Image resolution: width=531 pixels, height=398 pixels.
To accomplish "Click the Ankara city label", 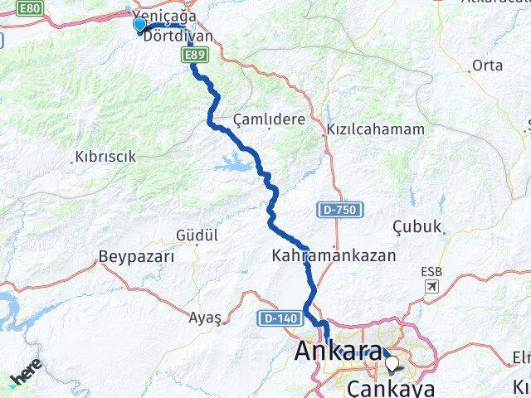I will [338, 354].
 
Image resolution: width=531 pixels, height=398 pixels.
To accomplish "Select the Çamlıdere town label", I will [269, 119].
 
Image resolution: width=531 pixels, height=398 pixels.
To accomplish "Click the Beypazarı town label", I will [136, 256].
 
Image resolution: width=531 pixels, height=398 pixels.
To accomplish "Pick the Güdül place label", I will [196, 236].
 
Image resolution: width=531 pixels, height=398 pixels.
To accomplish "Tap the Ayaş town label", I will [205, 317].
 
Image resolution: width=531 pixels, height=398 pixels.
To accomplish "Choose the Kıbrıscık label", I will [105, 156].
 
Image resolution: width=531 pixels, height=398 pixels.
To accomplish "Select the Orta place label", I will [487, 66].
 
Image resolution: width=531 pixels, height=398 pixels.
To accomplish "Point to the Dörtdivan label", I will [178, 36].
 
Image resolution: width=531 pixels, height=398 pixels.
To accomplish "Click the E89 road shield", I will [195, 56].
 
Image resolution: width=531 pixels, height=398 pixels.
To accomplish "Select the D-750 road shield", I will [337, 211].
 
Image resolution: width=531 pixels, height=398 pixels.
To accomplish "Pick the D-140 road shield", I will [275, 318].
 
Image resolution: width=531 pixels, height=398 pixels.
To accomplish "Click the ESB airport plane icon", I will [431, 287].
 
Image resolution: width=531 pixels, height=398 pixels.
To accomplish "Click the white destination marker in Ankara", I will [392, 362].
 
